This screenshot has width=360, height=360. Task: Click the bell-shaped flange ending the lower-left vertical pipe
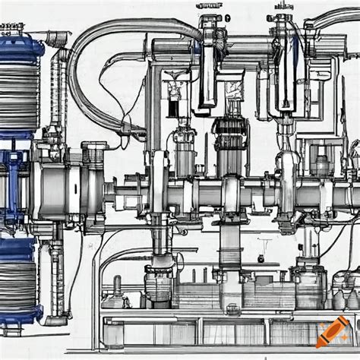coord(58,320)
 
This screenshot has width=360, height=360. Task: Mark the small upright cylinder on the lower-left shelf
coord(117,286)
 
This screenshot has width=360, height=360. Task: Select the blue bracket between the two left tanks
coord(14,163)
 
